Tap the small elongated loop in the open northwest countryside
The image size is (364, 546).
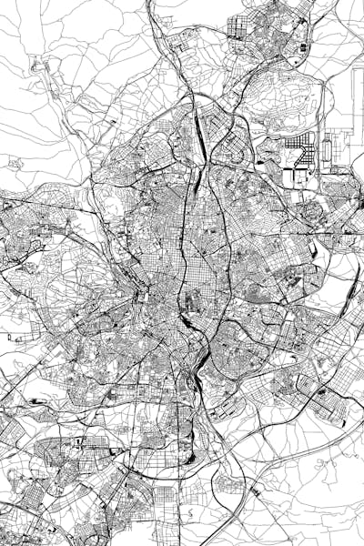pos(41,68)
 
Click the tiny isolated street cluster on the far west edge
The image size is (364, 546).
pos(13,163)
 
